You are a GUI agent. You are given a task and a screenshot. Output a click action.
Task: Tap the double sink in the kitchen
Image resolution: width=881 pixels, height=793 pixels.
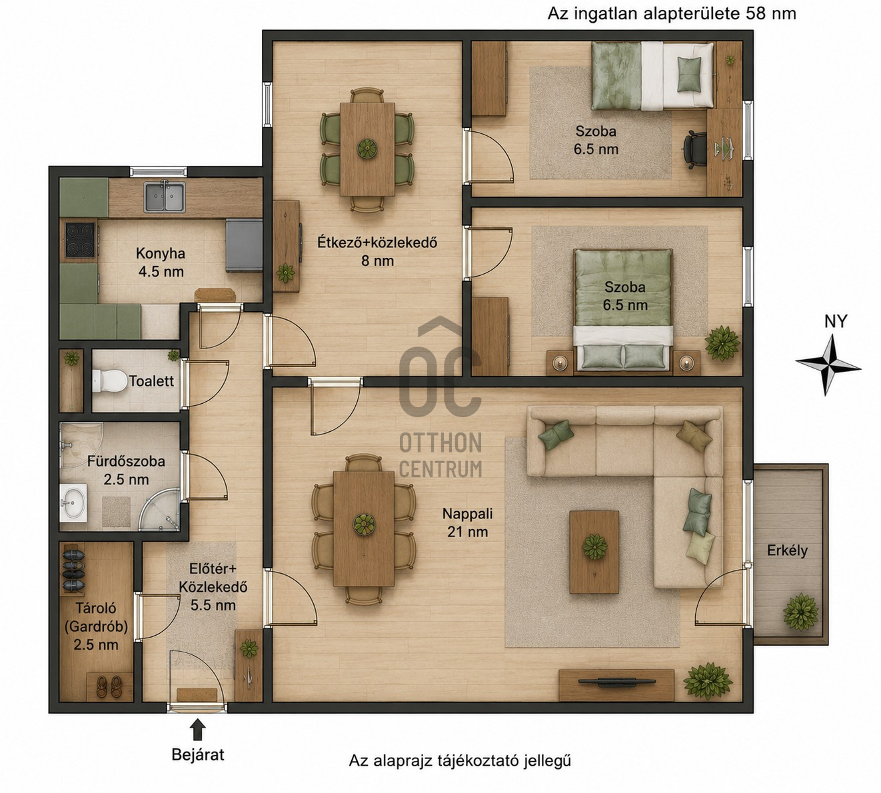tap(164, 197)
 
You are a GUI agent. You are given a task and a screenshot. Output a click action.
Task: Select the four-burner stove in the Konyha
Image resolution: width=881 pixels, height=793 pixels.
tap(80, 240)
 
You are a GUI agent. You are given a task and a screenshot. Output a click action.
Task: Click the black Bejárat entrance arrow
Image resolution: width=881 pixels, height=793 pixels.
tap(198, 730)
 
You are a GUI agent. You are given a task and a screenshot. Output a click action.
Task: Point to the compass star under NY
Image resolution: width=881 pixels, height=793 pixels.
tap(828, 365)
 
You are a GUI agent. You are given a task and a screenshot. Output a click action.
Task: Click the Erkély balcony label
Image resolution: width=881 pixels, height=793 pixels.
tap(787, 550)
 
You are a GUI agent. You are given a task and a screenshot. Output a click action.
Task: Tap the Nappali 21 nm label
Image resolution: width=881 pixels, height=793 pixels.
tap(467, 523)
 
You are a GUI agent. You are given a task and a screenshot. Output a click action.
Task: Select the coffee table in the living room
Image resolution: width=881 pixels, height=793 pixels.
tap(594, 552)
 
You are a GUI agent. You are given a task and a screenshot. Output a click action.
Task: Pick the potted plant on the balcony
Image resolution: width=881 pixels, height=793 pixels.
tap(800, 612)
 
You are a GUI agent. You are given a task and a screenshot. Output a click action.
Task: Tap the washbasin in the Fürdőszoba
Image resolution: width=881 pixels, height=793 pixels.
tap(73, 503)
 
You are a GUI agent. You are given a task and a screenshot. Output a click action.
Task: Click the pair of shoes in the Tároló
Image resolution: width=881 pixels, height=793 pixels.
tap(109, 686)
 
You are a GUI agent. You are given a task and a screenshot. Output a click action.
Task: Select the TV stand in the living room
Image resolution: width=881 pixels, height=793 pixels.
tap(616, 685)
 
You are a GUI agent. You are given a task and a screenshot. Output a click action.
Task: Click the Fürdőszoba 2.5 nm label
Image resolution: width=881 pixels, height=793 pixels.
tap(126, 470)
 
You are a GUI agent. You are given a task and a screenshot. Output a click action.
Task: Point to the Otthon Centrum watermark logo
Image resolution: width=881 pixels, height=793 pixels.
tap(440, 398)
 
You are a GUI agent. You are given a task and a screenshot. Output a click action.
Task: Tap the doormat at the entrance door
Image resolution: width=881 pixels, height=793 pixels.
tap(197, 694)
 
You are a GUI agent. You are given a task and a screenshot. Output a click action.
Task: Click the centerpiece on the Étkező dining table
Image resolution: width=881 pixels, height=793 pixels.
tap(367, 149)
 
